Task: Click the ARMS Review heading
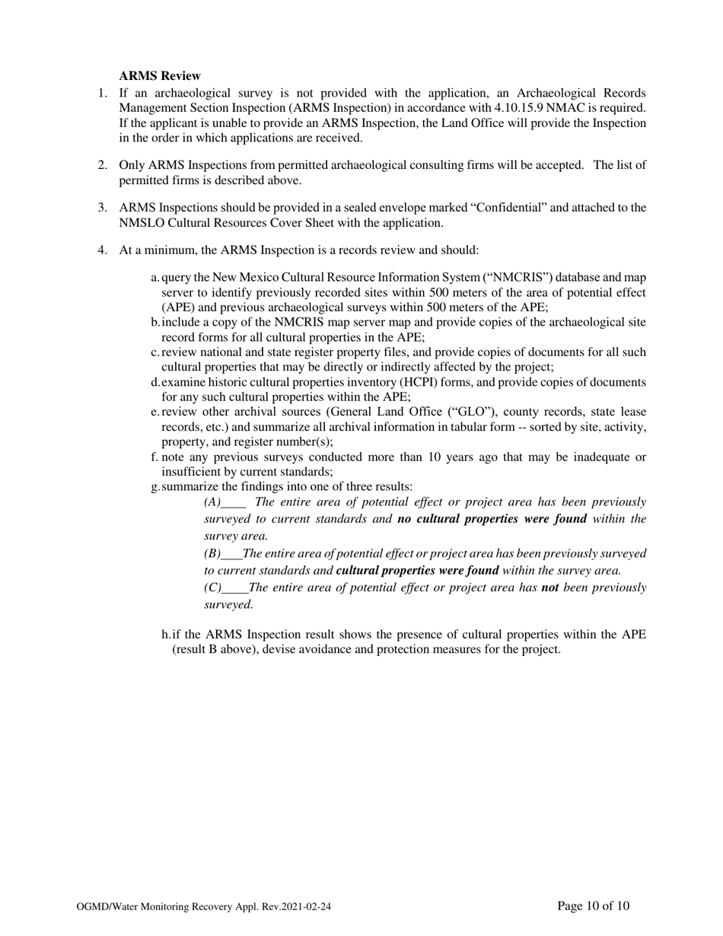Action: (x=160, y=76)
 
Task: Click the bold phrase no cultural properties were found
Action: (x=492, y=519)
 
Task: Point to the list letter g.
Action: (x=155, y=487)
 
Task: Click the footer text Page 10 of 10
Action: (x=593, y=906)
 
